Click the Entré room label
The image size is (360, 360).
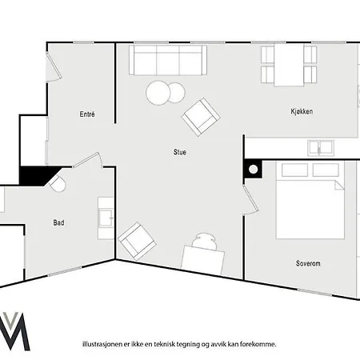[87, 114]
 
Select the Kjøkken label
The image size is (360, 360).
[301, 112]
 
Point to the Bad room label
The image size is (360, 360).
[59, 222]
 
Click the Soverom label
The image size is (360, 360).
[308, 262]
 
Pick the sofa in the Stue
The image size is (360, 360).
[167, 60]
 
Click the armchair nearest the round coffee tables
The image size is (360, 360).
[200, 116]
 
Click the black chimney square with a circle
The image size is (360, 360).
[254, 169]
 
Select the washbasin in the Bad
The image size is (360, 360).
[106, 215]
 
